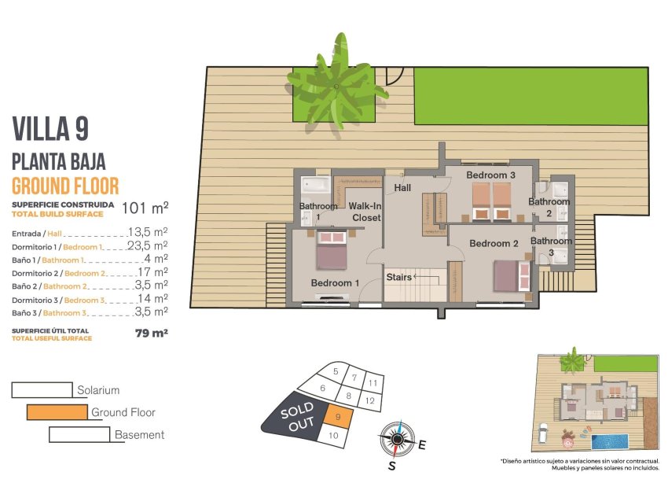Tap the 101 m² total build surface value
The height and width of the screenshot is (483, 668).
point(145,208)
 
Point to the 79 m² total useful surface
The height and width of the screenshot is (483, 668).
point(151,334)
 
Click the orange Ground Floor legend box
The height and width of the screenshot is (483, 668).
point(57,411)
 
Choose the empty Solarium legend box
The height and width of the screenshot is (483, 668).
point(42,389)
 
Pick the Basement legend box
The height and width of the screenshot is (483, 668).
point(79,434)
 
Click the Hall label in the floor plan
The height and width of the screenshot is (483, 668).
point(402,188)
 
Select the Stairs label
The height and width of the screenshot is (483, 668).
point(399,277)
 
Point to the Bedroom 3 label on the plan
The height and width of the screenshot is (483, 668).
point(490,175)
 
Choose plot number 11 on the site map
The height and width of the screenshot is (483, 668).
point(373,383)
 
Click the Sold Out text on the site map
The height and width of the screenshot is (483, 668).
point(297,415)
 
